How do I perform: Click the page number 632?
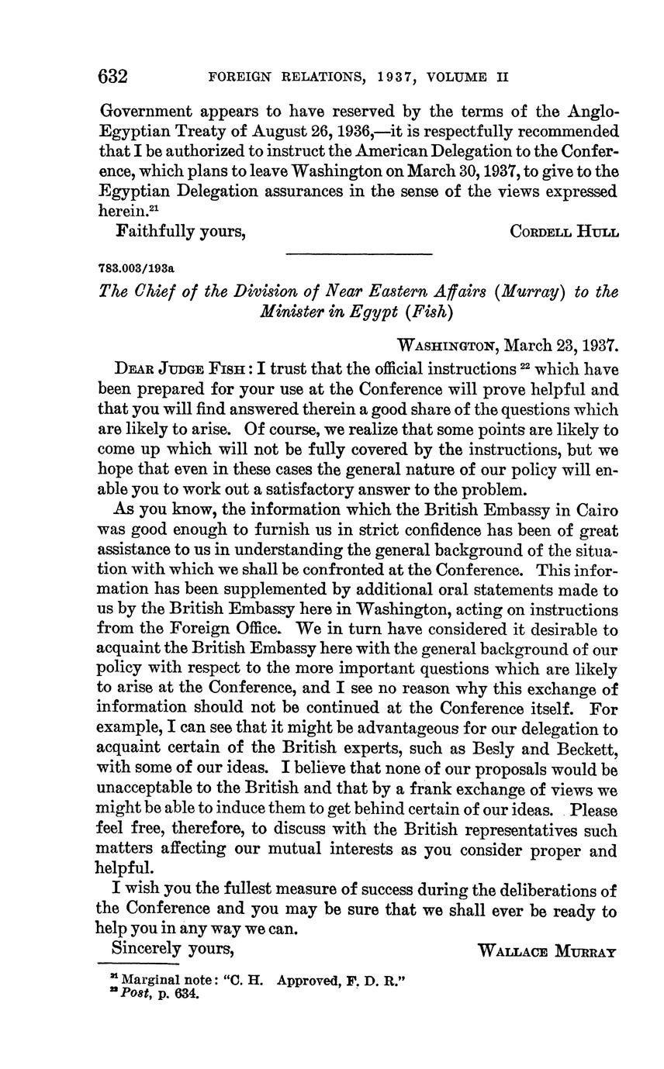113,77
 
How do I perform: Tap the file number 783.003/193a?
137,268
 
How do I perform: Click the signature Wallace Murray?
548,950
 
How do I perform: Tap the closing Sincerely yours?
173,948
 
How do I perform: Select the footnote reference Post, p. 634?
160,995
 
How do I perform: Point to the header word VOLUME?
458,78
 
